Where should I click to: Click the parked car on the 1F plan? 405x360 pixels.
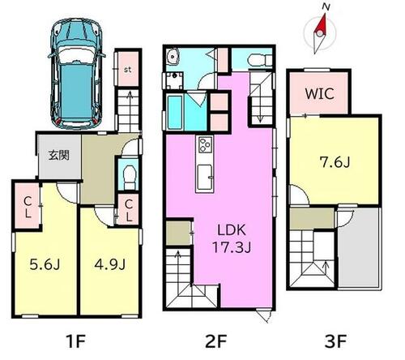coord(77,74)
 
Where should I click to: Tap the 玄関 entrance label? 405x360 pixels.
coord(59,155)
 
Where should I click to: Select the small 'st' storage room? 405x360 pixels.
coord(128,69)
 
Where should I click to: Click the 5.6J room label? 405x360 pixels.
coord(45,264)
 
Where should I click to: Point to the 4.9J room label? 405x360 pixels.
coord(110,264)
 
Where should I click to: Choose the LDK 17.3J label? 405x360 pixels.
coord(232,238)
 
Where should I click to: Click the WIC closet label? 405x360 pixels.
coord(320,93)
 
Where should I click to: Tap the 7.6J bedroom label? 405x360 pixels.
coord(335,162)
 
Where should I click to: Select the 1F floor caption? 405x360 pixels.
coord(76,341)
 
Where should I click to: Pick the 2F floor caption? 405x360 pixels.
coord(215,341)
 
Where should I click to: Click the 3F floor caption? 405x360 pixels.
coord(335,341)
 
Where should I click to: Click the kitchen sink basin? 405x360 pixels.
coord(204,177)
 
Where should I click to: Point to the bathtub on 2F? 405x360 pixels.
coord(175,112)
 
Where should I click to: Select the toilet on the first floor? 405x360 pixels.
coord(130,177)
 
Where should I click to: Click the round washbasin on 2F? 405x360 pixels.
coord(173,56)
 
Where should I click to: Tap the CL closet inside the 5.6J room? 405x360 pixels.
coord(28,206)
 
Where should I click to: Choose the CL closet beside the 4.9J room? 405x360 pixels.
coord(129,210)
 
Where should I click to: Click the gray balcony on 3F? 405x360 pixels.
coord(359,248)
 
